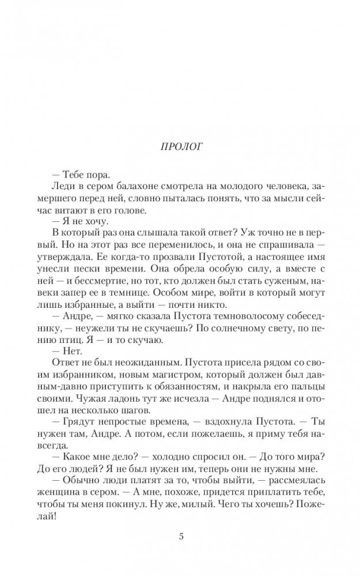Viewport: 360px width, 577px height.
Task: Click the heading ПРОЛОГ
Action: click(180, 147)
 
